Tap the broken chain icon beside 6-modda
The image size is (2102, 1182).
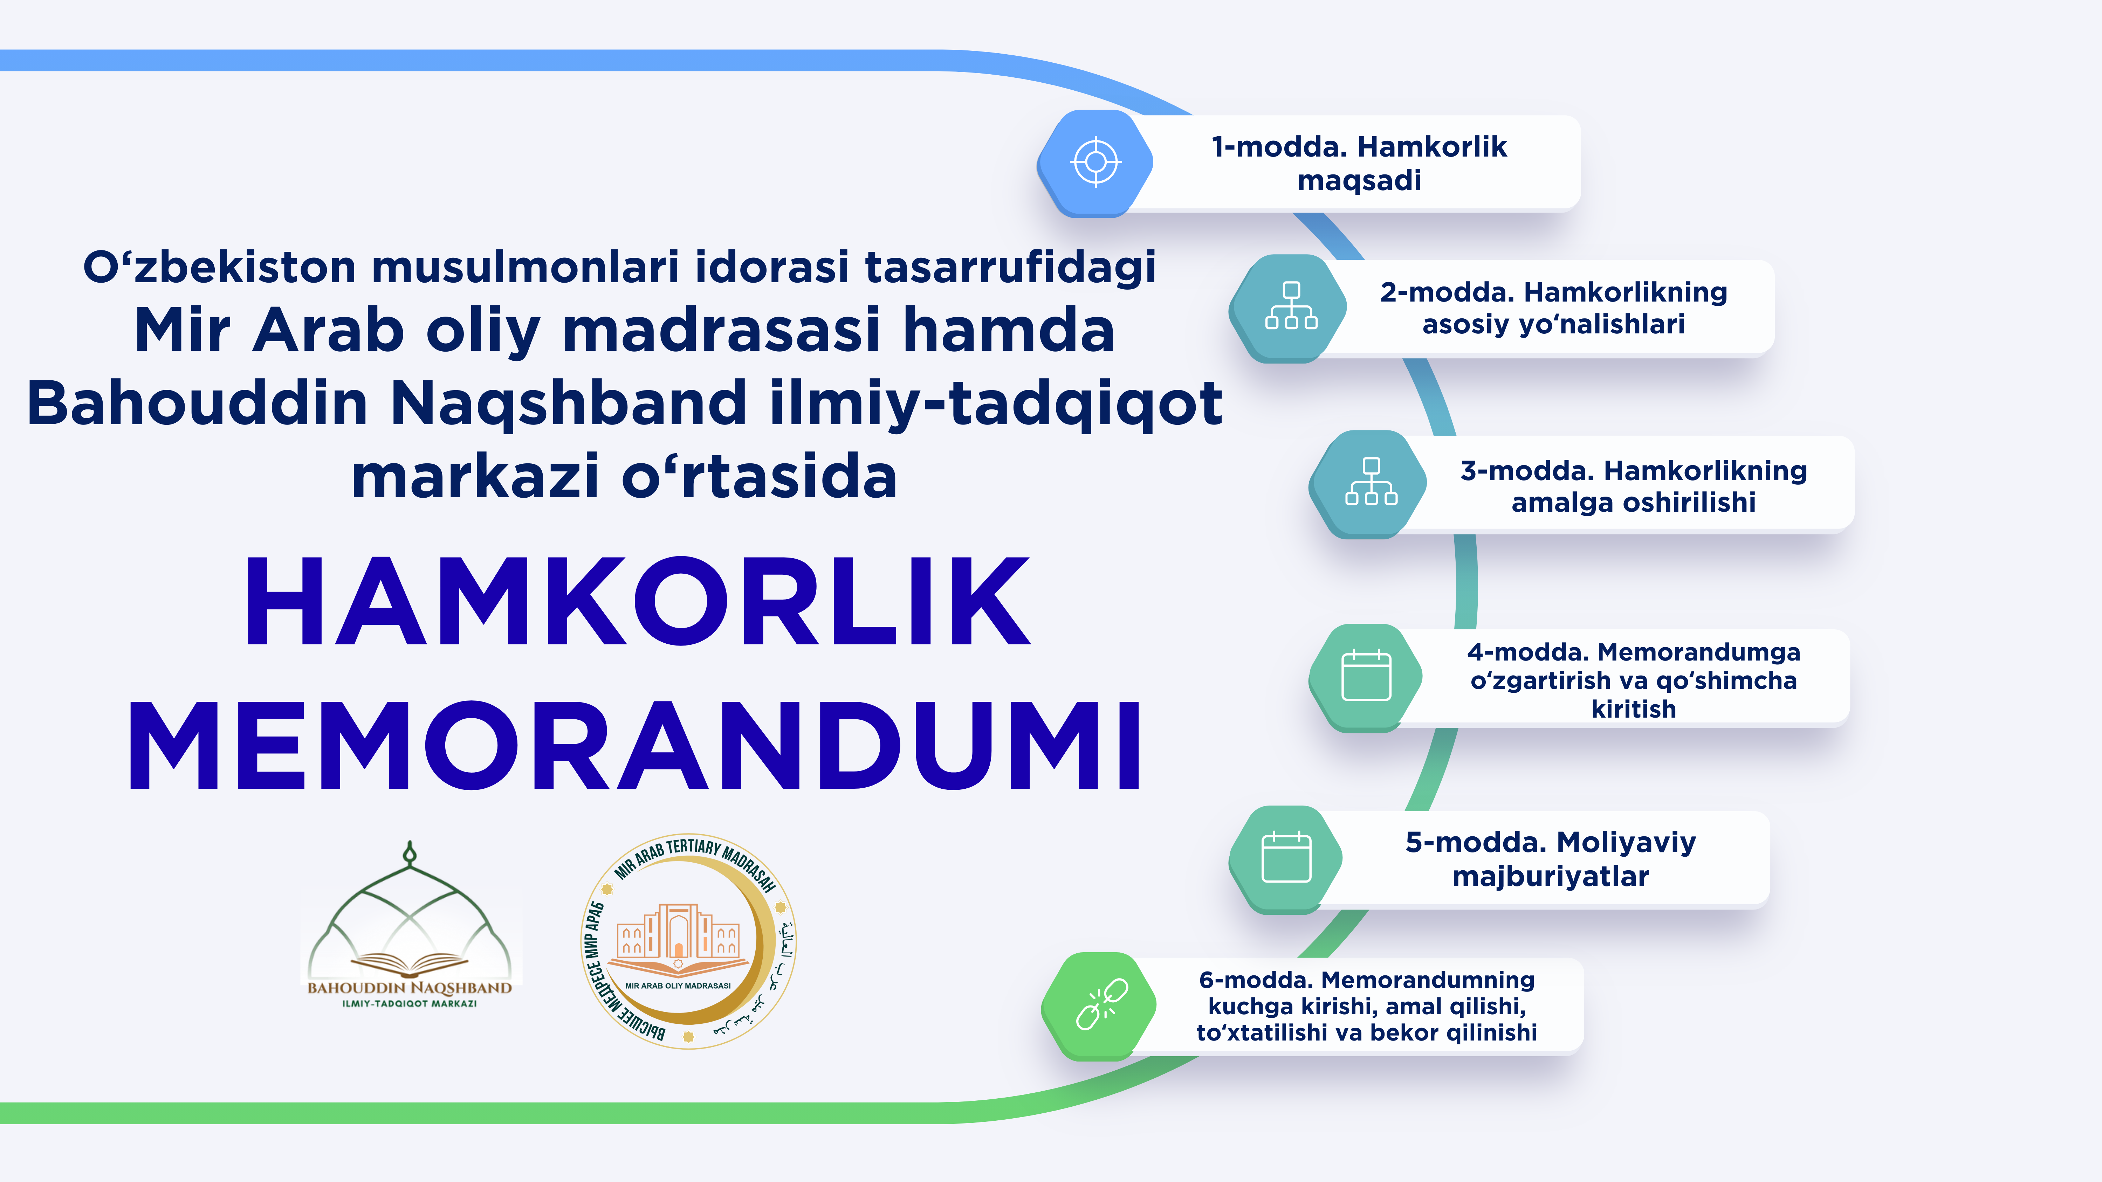1101,1004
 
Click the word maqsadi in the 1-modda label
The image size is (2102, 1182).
1359,180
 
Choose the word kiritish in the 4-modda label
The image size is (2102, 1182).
1634,709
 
